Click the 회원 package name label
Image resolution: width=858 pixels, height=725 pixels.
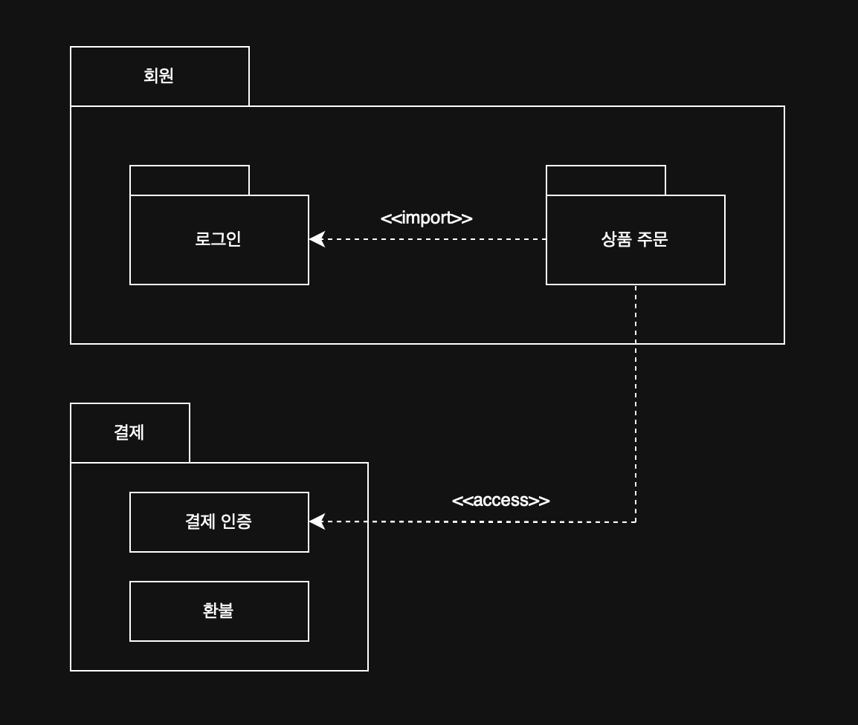pos(158,76)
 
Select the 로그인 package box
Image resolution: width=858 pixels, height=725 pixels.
pos(219,260)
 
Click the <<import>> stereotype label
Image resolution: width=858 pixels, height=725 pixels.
pos(426,218)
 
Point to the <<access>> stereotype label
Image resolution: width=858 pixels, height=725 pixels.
pos(500,500)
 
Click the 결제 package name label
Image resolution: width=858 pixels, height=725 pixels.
pos(129,432)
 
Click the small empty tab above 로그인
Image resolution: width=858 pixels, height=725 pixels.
pos(190,181)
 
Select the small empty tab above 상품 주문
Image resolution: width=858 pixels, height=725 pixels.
pos(606,181)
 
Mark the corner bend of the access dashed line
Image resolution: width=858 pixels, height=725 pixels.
pos(636,521)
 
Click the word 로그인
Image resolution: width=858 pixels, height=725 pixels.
pos(219,239)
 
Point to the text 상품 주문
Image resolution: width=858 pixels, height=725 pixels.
pos(634,239)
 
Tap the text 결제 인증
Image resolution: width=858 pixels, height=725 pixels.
pos(219,521)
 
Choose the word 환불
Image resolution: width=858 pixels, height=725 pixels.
pos(219,611)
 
